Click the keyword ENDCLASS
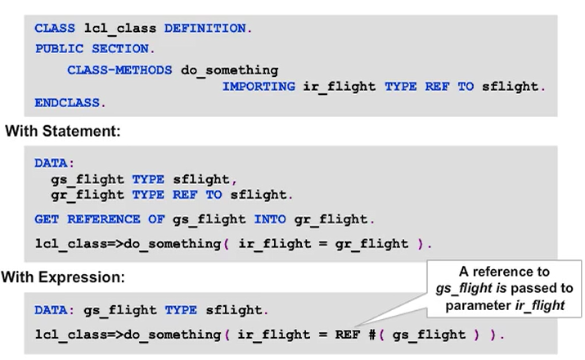click(70, 103)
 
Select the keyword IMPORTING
click(259, 86)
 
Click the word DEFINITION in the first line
click(208, 29)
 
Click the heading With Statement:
click(63, 130)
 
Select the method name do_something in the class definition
click(230, 70)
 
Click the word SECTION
click(119, 49)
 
